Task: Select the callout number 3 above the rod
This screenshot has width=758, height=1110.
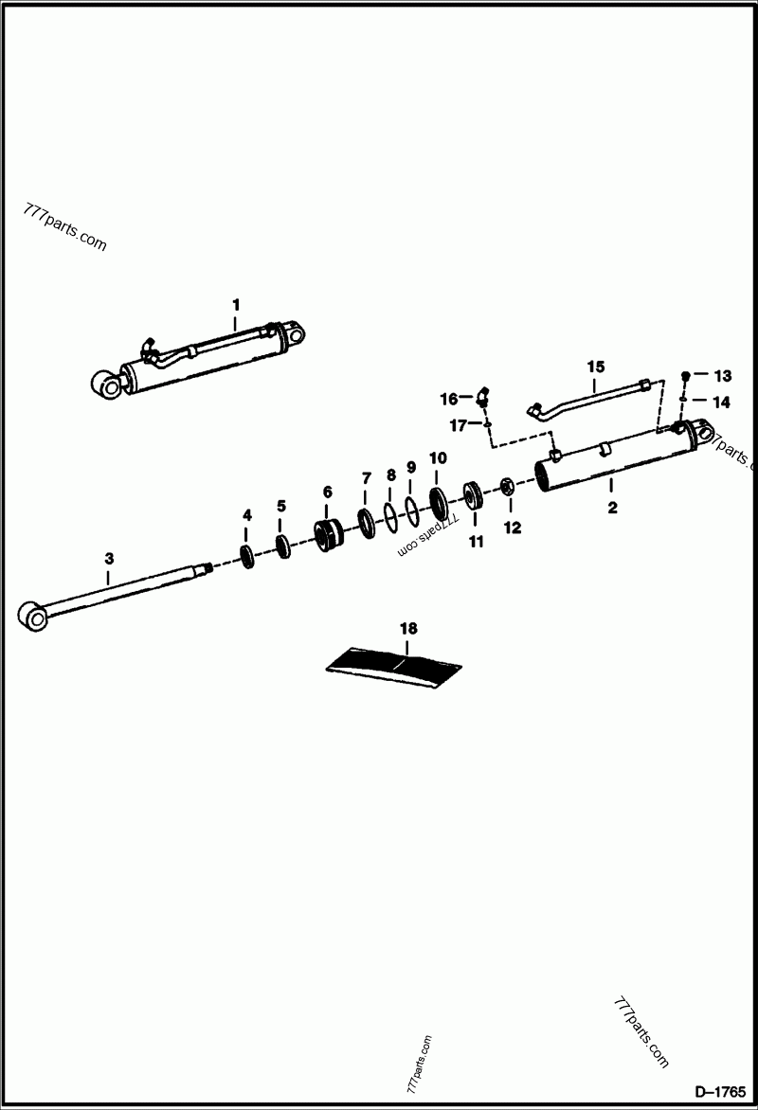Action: (x=108, y=560)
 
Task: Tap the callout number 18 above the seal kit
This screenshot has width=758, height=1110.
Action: (x=407, y=628)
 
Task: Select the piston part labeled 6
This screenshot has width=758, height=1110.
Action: (x=328, y=536)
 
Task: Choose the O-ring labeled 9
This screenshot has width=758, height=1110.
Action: (x=411, y=508)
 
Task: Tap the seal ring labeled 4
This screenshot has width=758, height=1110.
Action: (x=247, y=555)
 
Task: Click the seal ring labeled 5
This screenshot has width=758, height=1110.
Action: (x=281, y=546)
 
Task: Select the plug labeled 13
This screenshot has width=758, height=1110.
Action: (x=685, y=376)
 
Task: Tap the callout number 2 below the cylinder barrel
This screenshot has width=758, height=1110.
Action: (x=612, y=508)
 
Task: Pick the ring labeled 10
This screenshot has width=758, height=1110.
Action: (x=440, y=498)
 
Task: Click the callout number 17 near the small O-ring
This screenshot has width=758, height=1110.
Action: (x=460, y=426)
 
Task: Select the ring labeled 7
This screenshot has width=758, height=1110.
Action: (x=366, y=520)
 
